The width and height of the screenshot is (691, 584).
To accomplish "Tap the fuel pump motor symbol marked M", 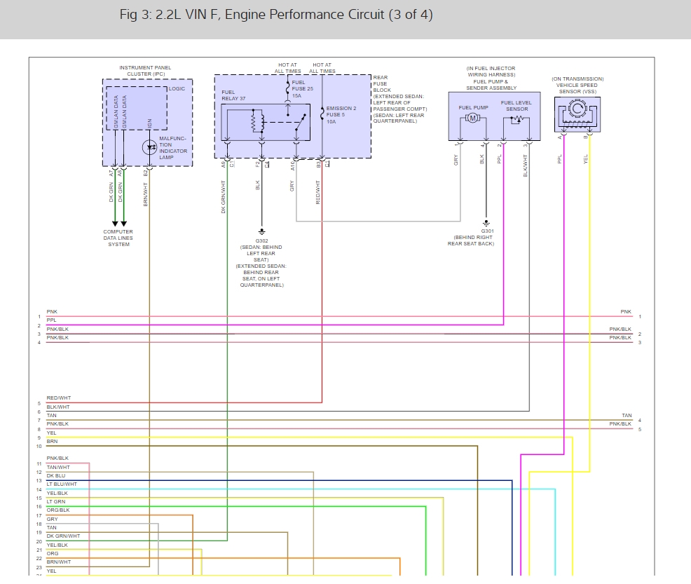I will tap(472, 119).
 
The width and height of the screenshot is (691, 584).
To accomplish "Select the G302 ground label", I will tap(262, 240).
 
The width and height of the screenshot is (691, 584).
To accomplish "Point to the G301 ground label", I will tap(487, 231).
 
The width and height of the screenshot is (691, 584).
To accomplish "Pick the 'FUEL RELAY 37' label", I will tap(234, 95).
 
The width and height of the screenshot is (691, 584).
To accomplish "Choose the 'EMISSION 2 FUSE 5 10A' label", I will tap(338, 115).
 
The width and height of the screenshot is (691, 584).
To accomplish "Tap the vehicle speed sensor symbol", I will tap(577, 115).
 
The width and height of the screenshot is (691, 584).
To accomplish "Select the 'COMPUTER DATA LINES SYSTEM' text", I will tap(118, 238).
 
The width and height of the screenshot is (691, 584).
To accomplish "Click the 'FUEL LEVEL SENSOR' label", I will tap(516, 106).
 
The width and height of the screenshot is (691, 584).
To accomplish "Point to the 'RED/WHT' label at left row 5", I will tap(58, 398).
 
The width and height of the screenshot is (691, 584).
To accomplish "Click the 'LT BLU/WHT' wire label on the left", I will tap(62, 484).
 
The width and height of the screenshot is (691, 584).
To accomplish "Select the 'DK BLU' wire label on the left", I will tap(55, 476).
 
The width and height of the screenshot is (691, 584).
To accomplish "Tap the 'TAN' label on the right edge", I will tap(626, 416).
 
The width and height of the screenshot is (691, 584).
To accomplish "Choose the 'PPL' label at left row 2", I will tap(51, 320).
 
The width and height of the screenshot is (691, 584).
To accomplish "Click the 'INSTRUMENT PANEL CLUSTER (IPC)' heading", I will tap(145, 71).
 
